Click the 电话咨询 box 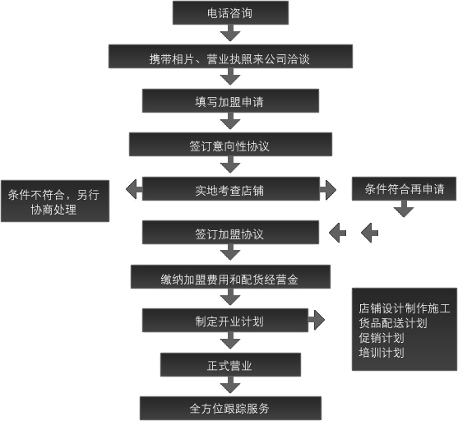tap(230, 12)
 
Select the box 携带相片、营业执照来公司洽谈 tap(230, 57)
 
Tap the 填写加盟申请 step tap(230, 101)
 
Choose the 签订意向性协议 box tap(230, 145)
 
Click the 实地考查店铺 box tap(230, 190)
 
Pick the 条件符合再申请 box tap(404, 189)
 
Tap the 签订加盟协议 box tap(230, 233)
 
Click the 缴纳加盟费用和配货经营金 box tap(230, 277)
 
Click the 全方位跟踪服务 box tap(230, 407)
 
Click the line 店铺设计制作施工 tap(404, 308)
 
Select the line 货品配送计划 tap(393, 323)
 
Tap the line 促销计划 tap(382, 338)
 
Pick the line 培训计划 tap(382, 353)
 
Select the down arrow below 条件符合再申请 tap(404, 210)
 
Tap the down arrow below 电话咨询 tap(231, 34)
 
